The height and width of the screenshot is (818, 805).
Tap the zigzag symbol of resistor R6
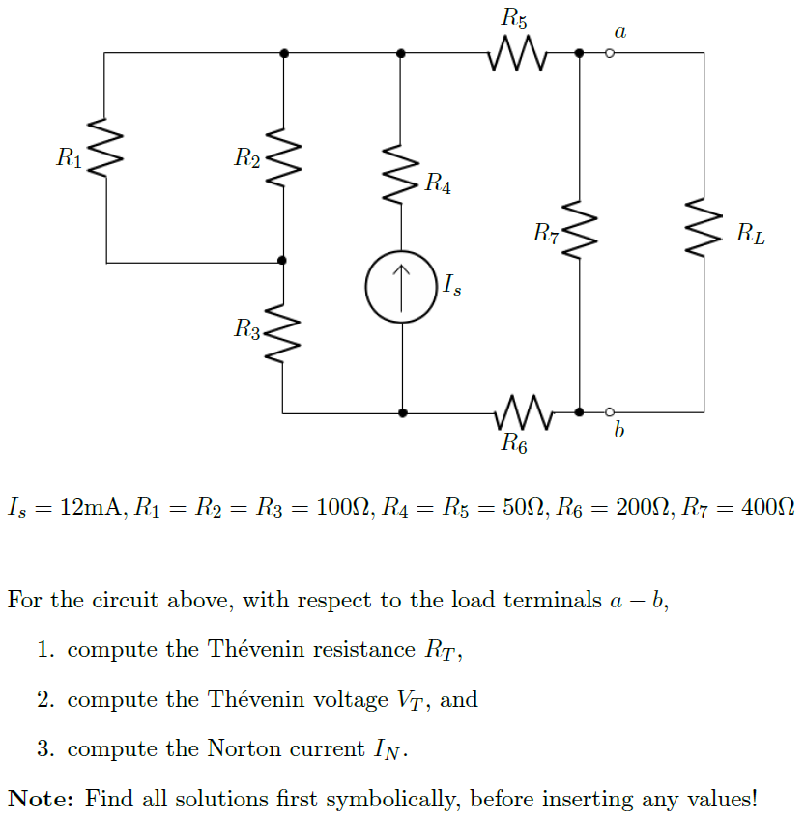coord(522,412)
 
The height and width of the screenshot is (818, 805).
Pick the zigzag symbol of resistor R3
coord(282,329)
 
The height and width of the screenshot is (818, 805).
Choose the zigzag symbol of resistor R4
coord(401,175)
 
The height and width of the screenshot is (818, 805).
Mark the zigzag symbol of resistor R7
coord(579,231)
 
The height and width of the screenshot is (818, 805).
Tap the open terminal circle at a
coord(609,53)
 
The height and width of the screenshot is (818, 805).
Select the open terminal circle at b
coord(609,412)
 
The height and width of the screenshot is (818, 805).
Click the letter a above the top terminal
coord(619,32)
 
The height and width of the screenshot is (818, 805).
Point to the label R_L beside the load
coord(750,233)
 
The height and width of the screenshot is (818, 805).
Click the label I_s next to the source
coord(452,285)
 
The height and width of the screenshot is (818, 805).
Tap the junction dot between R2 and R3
coord(282,261)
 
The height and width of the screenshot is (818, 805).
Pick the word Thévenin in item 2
coord(253,699)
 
